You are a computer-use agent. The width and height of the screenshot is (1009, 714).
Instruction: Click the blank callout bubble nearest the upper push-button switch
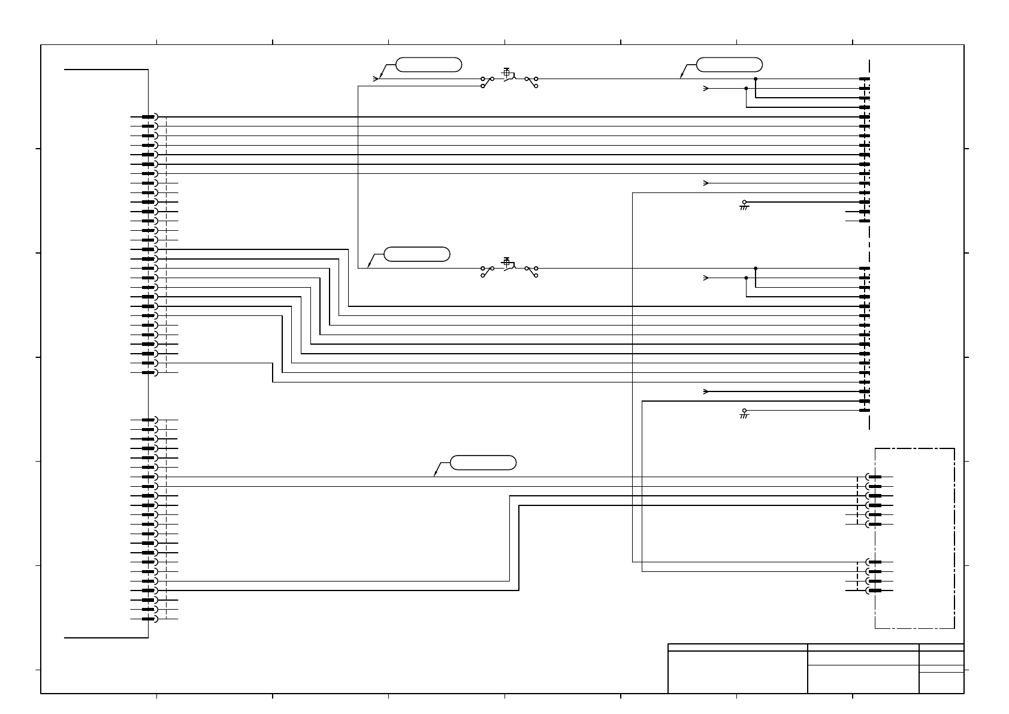pyautogui.click(x=429, y=65)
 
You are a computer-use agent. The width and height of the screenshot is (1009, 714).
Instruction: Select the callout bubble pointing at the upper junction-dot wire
pyautogui.click(x=730, y=65)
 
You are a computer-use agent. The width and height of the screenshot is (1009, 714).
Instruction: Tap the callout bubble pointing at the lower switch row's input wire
pyautogui.click(x=416, y=254)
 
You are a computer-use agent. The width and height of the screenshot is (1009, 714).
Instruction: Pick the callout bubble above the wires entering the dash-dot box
pyautogui.click(x=483, y=463)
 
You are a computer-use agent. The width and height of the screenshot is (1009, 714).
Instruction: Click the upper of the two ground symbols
pyautogui.click(x=744, y=205)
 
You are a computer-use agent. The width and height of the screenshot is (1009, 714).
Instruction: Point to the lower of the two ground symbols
pyautogui.click(x=744, y=414)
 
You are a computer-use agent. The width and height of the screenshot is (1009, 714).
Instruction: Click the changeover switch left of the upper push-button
pyautogui.click(x=487, y=82)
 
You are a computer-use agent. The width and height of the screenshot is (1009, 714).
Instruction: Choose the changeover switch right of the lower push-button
pyautogui.click(x=531, y=272)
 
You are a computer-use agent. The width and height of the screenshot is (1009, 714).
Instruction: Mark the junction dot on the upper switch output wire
pyautogui.click(x=756, y=79)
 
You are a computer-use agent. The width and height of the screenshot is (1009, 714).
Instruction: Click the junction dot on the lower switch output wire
pyautogui.click(x=756, y=268)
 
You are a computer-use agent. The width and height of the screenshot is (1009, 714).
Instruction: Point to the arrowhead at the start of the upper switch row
pyautogui.click(x=376, y=79)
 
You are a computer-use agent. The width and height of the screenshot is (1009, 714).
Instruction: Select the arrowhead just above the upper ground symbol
pyautogui.click(x=706, y=183)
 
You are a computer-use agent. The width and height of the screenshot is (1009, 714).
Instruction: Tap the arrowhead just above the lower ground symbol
pyautogui.click(x=706, y=391)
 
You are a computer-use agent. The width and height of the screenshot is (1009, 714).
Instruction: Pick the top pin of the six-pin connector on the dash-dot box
pyautogui.click(x=874, y=477)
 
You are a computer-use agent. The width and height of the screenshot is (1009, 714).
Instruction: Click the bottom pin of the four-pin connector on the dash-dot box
pyautogui.click(x=874, y=591)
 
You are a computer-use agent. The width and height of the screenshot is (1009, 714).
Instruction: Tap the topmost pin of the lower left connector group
pyautogui.click(x=149, y=420)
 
